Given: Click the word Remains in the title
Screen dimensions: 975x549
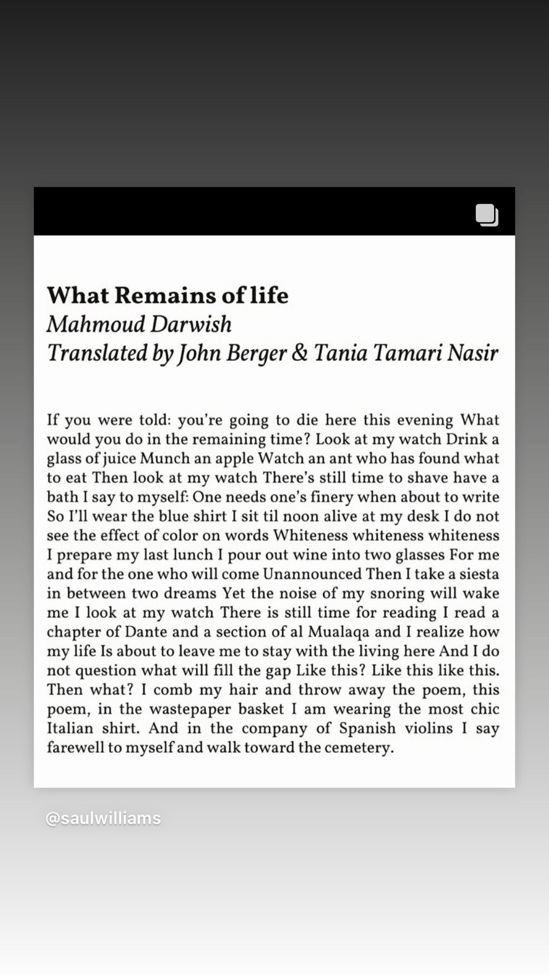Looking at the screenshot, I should (165, 295).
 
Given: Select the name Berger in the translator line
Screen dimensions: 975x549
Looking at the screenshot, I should (256, 353).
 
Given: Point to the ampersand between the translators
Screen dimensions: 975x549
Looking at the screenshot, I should (299, 353).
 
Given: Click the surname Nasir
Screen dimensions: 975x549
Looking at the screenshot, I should (472, 353).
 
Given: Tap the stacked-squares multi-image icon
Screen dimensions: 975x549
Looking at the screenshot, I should (487, 215).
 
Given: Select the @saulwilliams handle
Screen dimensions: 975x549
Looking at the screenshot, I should (103, 818).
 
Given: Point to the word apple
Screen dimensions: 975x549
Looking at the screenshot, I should (233, 458).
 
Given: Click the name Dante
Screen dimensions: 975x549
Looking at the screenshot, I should (146, 632).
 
